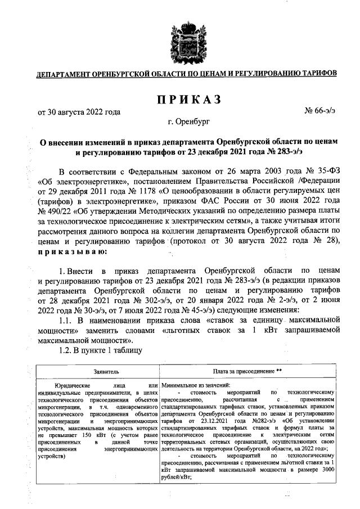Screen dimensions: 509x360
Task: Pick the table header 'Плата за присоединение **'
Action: (247, 372)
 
